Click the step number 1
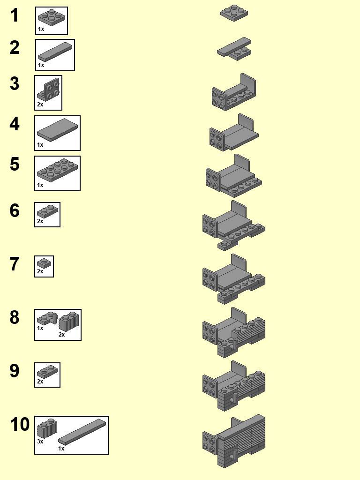pos(15,15)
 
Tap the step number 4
pos(15,124)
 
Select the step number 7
pos(15,264)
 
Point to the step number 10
pos(20,425)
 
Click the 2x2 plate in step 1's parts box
pos(52,17)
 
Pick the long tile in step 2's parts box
pos(55,51)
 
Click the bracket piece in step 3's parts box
pos(49,90)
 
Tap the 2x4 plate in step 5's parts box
pos(57,169)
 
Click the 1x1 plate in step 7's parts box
pos(44,263)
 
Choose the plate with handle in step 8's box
pos(47,319)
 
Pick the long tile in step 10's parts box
pos(82,430)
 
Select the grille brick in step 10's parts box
pos(47,428)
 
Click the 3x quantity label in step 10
pos(40,442)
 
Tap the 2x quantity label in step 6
pos(40,221)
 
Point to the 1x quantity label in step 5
pos(40,185)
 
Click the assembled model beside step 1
pos(234,13)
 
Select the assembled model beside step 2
pos(234,49)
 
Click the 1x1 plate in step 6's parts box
pos(47,211)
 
